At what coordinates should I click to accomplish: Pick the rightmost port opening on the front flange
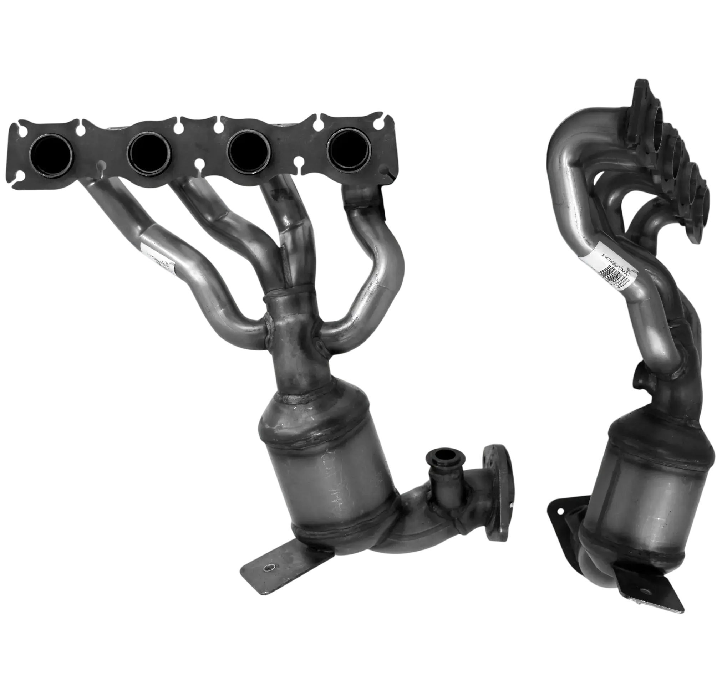pyautogui.click(x=349, y=147)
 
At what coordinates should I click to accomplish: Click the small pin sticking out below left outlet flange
pyautogui.click(x=513, y=506)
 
